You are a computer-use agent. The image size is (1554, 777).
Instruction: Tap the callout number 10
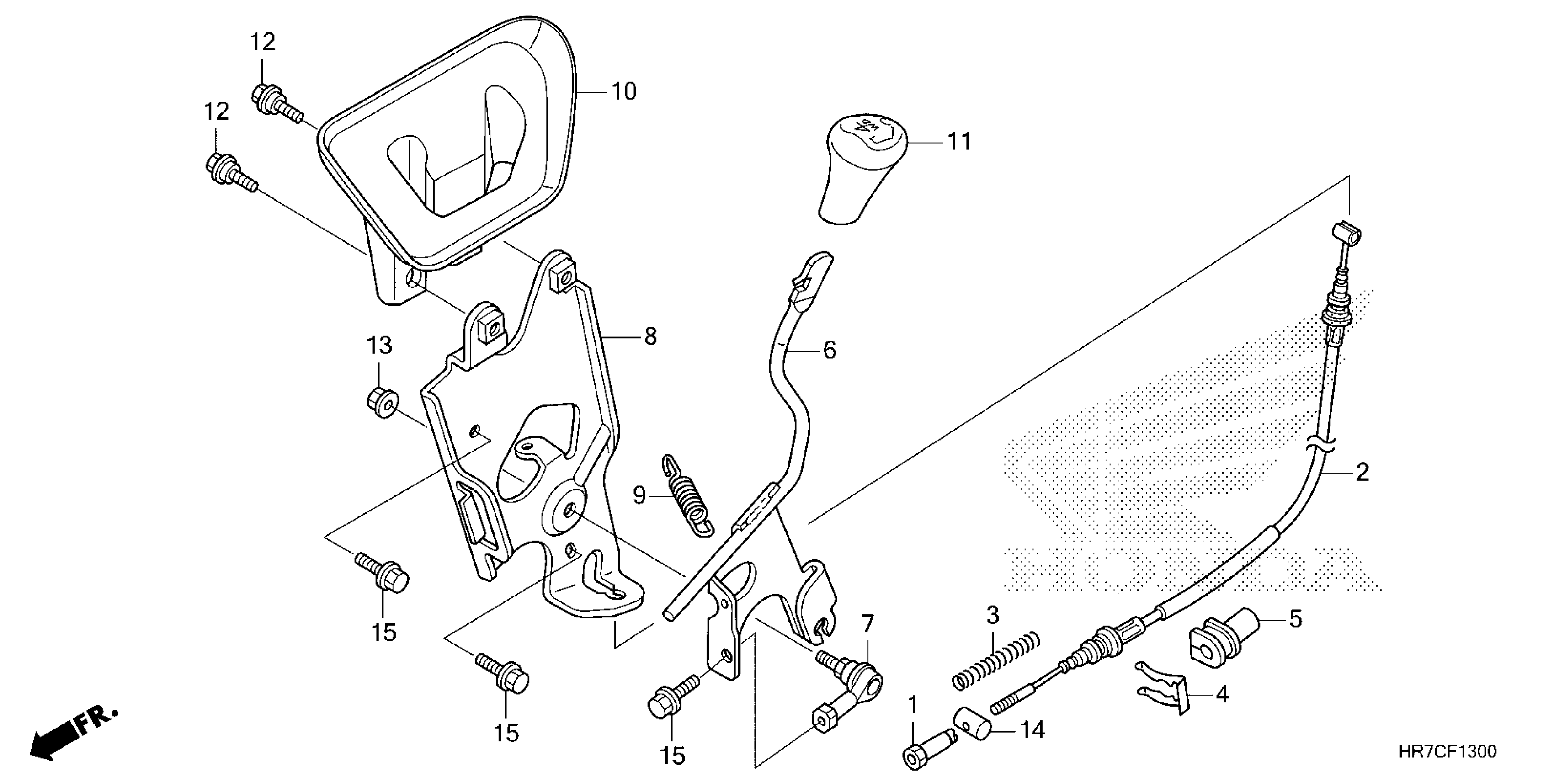[x=624, y=92]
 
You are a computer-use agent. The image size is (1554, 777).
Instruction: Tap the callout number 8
[x=650, y=336]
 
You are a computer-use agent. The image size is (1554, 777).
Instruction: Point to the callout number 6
[x=830, y=351]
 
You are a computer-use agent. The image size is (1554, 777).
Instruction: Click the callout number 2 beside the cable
[x=1362, y=472]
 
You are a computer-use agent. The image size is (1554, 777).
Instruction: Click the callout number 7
[x=867, y=623]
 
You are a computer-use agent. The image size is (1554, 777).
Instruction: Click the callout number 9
[x=639, y=495]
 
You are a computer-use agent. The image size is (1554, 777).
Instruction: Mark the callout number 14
[x=1032, y=730]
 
